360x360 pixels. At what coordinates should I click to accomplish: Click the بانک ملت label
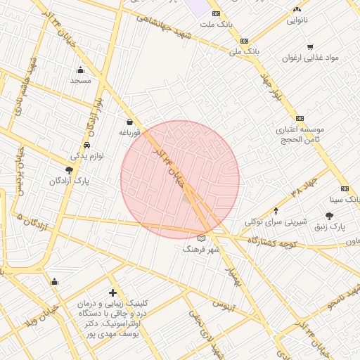pyautogui.click(x=215, y=25)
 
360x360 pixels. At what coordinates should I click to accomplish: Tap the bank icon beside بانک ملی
pyautogui.click(x=244, y=41)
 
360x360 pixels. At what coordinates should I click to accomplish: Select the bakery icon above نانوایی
pyautogui.click(x=297, y=9)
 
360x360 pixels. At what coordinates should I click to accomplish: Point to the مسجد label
pyautogui.click(x=80, y=81)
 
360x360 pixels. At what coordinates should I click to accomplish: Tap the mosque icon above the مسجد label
pyautogui.click(x=80, y=70)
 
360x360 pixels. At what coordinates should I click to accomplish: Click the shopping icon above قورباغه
pyautogui.click(x=130, y=122)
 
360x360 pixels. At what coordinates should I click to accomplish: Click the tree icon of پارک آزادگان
pyautogui.click(x=68, y=169)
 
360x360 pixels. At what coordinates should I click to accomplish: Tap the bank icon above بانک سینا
pyautogui.click(x=345, y=188)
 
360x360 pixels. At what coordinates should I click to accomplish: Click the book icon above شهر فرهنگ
pyautogui.click(x=202, y=238)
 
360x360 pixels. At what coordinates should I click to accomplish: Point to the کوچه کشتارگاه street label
pyautogui.click(x=275, y=241)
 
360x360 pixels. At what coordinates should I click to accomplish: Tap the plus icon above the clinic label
pyautogui.click(x=112, y=292)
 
